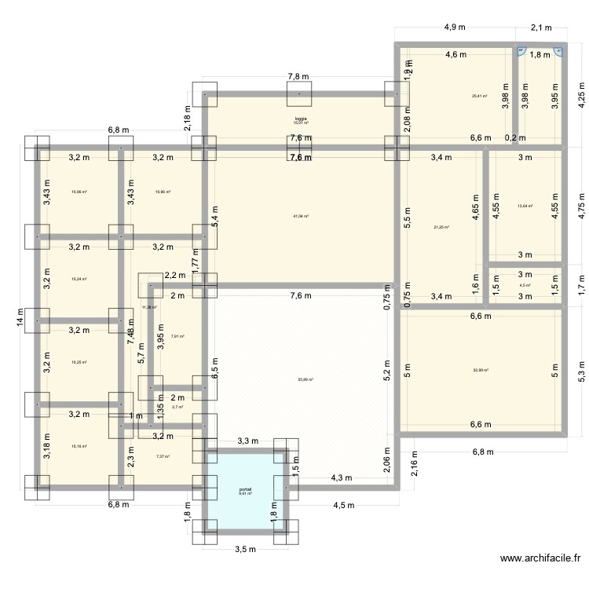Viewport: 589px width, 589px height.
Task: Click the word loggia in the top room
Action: (301, 119)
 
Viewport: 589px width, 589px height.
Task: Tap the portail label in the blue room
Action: (246, 490)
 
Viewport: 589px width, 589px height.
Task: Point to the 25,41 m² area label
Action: (479, 97)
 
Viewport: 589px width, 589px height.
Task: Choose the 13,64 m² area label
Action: (525, 207)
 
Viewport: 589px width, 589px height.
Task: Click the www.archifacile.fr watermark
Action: (540, 559)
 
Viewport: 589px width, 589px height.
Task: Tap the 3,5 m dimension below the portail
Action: (246, 549)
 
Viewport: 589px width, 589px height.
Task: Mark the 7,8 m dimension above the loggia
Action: (298, 77)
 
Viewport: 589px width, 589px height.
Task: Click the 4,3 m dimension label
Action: (342, 477)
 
